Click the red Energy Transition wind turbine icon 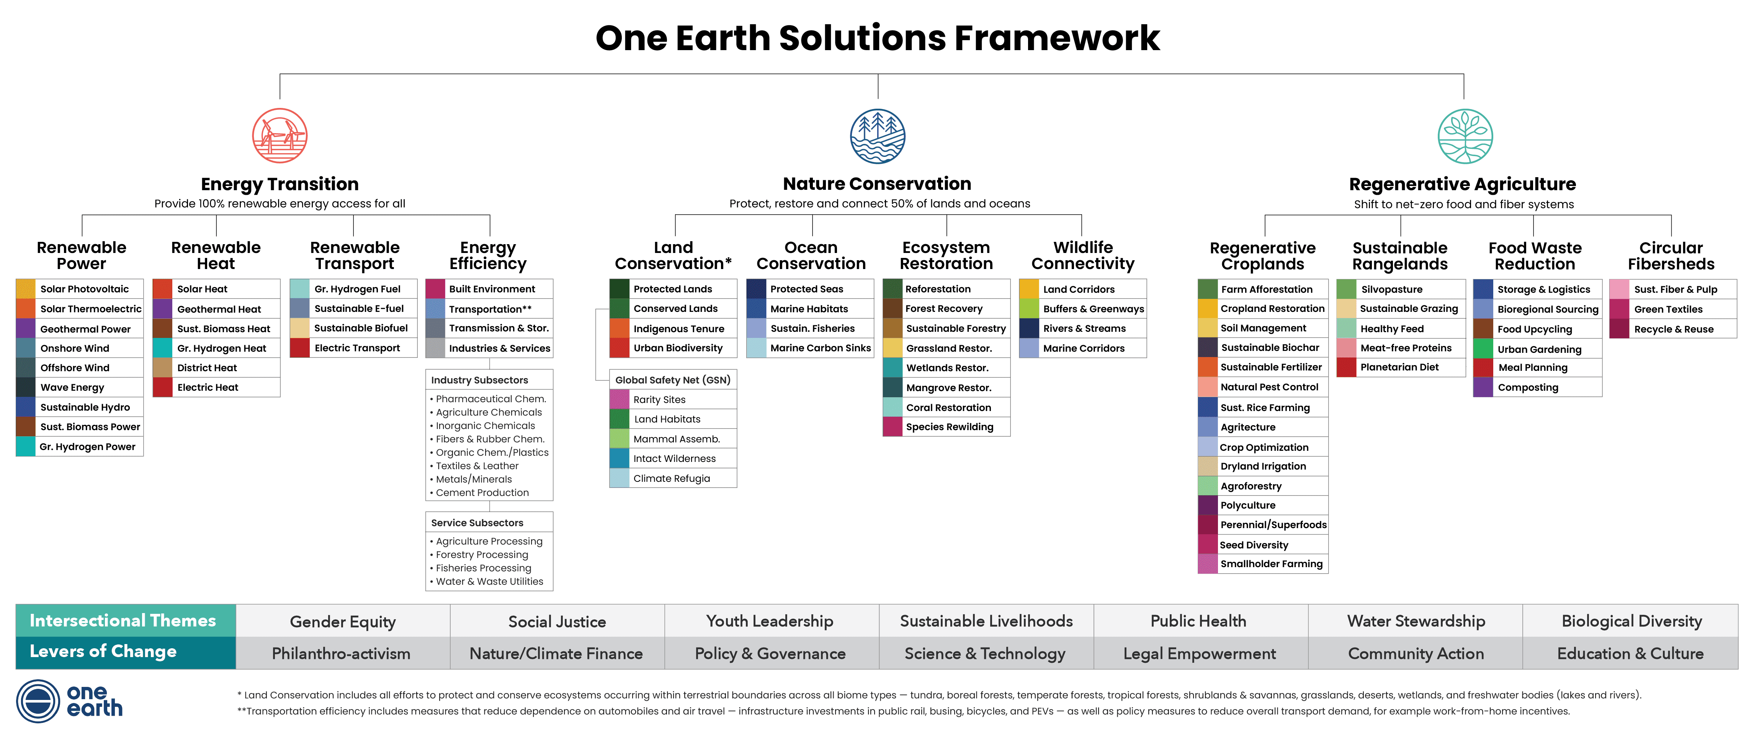click(x=280, y=135)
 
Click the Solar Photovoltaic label click(x=85, y=289)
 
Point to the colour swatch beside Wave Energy click(x=25, y=387)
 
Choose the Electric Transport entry click(x=357, y=347)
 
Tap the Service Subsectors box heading click(x=477, y=522)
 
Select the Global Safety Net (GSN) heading click(x=673, y=380)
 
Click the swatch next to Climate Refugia click(x=619, y=478)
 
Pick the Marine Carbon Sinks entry click(x=821, y=347)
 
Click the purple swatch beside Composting click(x=1483, y=387)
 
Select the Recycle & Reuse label click(x=1674, y=329)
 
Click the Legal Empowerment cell click(x=1200, y=653)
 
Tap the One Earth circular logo click(x=38, y=701)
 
